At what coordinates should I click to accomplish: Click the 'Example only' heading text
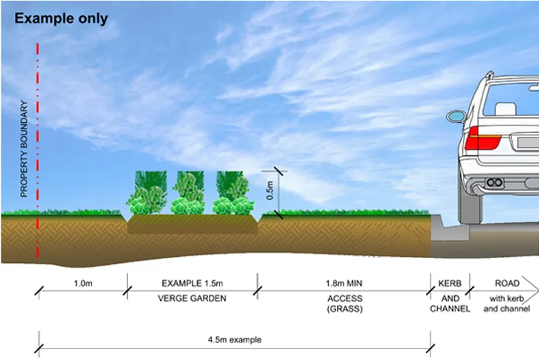pyautogui.click(x=61, y=18)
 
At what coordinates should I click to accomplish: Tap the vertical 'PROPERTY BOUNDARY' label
pyautogui.click(x=24, y=149)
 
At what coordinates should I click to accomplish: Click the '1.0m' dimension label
pyautogui.click(x=83, y=282)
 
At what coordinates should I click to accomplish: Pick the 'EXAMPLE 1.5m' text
pyautogui.click(x=191, y=282)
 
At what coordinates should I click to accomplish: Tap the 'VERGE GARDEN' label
pyautogui.click(x=191, y=298)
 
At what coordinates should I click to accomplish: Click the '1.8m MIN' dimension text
pyautogui.click(x=344, y=282)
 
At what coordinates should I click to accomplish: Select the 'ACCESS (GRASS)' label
pyautogui.click(x=344, y=304)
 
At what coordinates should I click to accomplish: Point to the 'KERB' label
pyautogui.click(x=449, y=282)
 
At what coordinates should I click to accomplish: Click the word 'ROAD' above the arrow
pyautogui.click(x=507, y=282)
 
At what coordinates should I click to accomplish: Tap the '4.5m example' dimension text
pyautogui.click(x=234, y=339)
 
